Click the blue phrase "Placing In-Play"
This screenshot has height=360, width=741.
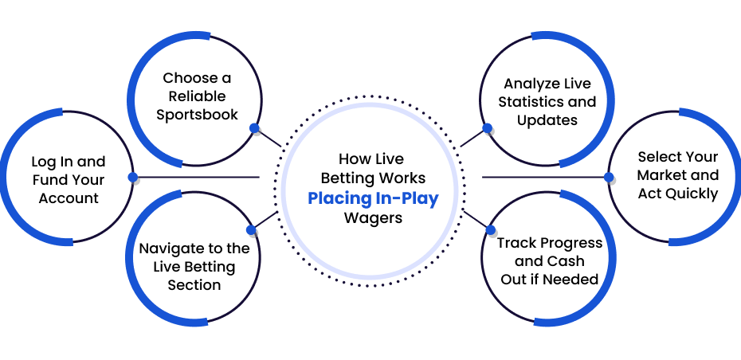point(373,198)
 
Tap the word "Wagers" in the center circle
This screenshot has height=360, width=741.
point(373,218)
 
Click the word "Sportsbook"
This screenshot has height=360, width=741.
point(197,115)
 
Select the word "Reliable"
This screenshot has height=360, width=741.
point(197,96)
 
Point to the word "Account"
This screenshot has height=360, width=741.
point(69,198)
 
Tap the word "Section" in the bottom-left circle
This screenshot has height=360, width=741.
point(194,285)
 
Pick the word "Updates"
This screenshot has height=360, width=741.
point(547,120)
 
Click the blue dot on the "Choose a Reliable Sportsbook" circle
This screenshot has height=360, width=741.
point(254,128)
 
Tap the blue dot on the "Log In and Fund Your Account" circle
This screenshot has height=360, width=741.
point(133,177)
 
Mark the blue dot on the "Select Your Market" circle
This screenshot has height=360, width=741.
point(609,177)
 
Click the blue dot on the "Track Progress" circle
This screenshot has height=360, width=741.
point(491,230)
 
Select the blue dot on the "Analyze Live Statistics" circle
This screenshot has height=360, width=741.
point(487,128)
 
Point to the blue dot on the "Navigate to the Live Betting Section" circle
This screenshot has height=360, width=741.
point(251,230)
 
